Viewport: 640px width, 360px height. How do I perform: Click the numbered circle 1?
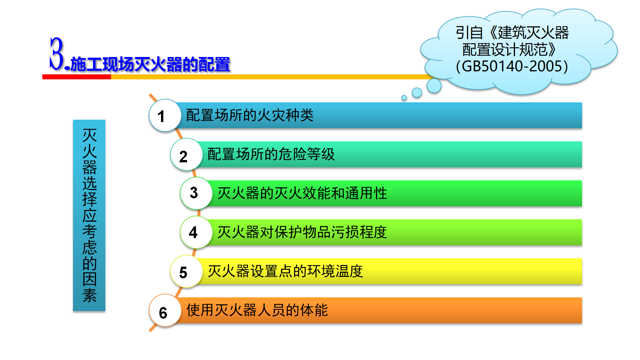tap(165, 115)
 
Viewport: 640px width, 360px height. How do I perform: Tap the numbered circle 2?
tap(187, 154)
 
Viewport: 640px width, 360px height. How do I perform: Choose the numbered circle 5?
tap(187, 271)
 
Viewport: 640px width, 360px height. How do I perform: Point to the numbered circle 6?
tap(165, 310)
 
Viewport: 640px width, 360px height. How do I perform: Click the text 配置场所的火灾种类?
tap(250, 115)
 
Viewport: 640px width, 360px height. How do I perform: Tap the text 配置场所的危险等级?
tap(271, 154)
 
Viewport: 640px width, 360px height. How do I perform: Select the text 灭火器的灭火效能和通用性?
tap(302, 193)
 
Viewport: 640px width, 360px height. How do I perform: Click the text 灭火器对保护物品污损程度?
tap(302, 232)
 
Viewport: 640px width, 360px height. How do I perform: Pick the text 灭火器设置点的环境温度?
tap(285, 271)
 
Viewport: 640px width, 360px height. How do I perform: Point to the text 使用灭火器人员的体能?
tap(257, 310)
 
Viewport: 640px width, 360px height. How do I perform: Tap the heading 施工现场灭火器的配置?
tap(150, 64)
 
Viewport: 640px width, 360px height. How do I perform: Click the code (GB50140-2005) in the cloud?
tap(512, 66)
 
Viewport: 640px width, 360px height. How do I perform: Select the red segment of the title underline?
tap(77, 77)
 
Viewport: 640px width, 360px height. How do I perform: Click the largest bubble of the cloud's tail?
tap(434, 86)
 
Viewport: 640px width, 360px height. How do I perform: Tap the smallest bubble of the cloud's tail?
tap(404, 98)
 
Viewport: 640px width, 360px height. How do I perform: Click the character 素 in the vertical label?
tap(89, 295)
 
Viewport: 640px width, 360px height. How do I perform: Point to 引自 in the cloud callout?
tap(469, 33)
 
